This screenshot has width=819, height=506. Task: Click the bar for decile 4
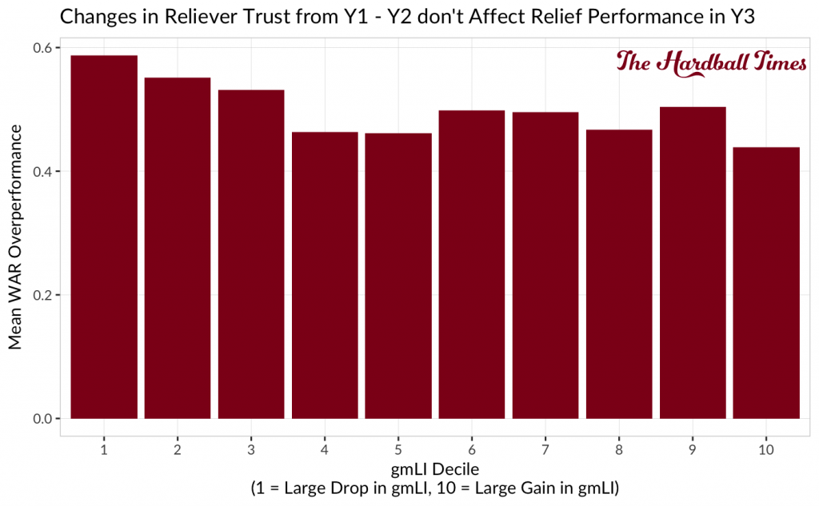[325, 276]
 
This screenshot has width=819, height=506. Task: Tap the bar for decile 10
[766, 283]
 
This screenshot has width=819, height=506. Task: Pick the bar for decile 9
[693, 263]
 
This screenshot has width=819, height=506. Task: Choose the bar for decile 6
[472, 265]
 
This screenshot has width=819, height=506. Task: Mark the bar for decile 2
[178, 248]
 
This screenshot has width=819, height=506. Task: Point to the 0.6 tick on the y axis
[42, 48]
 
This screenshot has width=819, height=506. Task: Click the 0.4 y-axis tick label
[42, 172]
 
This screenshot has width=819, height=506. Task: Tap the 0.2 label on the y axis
[42, 295]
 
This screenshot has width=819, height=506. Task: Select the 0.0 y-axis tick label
[42, 419]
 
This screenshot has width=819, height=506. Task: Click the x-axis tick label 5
[398, 449]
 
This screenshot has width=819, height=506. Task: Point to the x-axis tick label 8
[619, 449]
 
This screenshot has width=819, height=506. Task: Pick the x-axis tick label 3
[251, 449]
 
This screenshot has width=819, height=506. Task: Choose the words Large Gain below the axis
[502, 486]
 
